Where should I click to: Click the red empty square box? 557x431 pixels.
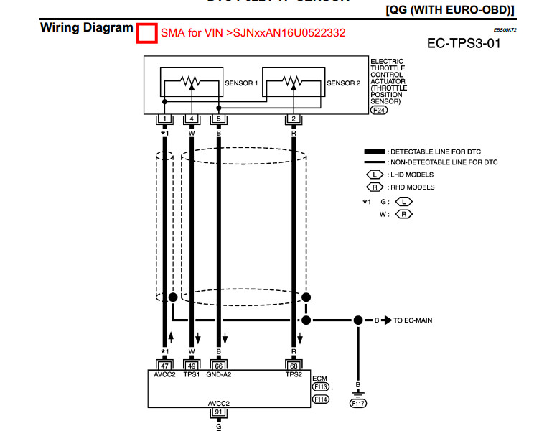point(147,34)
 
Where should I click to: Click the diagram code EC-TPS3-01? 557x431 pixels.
point(463,44)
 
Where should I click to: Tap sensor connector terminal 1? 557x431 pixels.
point(165,119)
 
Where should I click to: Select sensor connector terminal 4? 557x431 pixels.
point(192,119)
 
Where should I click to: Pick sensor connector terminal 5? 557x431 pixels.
point(218,119)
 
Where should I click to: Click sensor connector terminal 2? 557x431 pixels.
point(294,119)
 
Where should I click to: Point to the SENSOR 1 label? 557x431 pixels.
point(242,83)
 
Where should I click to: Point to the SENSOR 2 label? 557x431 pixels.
point(344,83)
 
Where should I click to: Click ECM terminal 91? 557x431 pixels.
point(218,412)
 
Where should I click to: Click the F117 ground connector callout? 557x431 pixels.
point(358,404)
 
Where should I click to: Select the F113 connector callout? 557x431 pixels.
point(320,386)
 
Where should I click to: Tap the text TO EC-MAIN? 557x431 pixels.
point(413,320)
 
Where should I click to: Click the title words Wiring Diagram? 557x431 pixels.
point(86,28)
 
